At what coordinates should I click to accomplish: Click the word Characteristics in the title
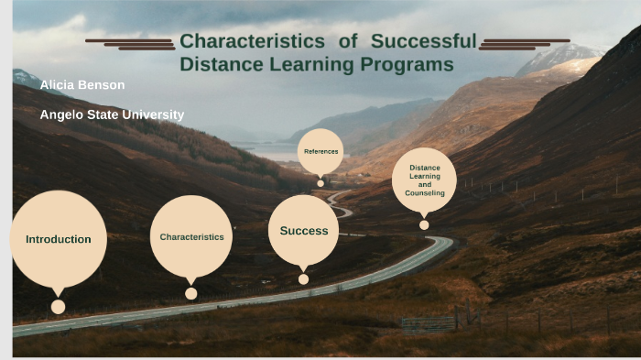coord(253,41)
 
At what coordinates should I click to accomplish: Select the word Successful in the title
coord(423,41)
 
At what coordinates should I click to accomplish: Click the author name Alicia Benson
coord(82,85)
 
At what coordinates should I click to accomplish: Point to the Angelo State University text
coord(112,115)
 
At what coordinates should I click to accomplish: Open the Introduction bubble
coord(59,239)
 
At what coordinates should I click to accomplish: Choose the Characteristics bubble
coord(191,236)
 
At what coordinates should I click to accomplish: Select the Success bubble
coord(303,231)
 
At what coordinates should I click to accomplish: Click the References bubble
coord(320,151)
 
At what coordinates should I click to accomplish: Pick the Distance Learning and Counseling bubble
coord(424,180)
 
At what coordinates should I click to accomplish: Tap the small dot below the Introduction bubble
coord(59,307)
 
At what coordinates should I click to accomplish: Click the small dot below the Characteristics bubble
coord(190,293)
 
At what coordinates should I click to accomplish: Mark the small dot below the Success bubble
coord(303,279)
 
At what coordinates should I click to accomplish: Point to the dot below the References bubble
coord(320,182)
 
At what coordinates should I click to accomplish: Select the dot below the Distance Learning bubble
coord(424,224)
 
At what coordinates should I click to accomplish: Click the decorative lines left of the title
coord(131,43)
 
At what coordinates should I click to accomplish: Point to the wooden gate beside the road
coord(429,322)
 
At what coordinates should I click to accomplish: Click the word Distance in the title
coord(220,64)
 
